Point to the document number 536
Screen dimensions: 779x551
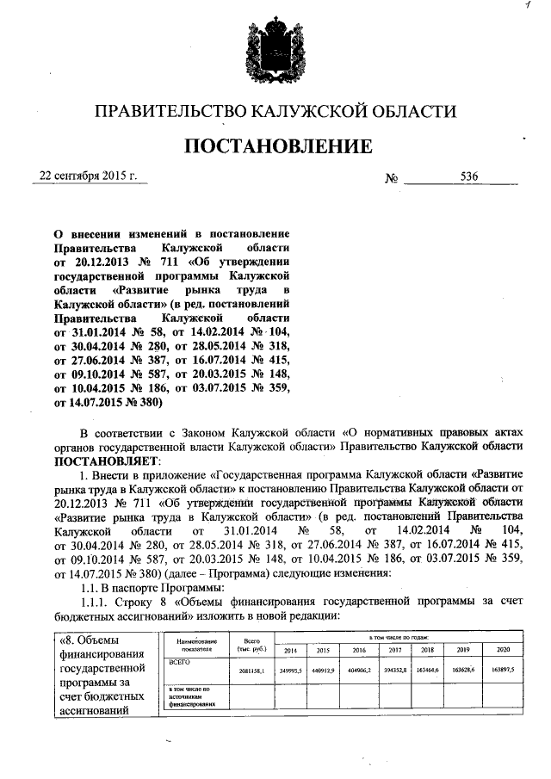point(469,176)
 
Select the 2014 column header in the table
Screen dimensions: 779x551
point(290,650)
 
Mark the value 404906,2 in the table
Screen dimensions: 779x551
point(359,668)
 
